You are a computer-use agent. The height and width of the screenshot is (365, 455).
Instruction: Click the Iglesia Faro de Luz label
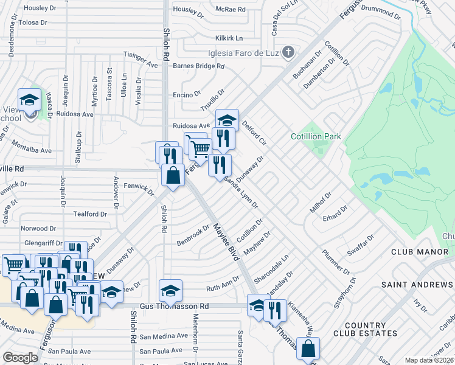(243, 52)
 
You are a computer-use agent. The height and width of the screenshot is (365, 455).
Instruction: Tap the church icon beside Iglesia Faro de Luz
(288, 52)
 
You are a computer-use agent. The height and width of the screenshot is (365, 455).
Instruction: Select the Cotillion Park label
(316, 137)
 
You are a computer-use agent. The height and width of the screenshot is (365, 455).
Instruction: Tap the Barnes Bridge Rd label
(199, 66)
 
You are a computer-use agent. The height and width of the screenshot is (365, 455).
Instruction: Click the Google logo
(20, 358)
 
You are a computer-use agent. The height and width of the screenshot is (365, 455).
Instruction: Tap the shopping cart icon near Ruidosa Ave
(200, 147)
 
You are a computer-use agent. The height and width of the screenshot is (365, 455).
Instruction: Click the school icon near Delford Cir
(227, 119)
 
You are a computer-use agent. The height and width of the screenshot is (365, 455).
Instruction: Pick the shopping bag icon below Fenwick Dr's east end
(173, 175)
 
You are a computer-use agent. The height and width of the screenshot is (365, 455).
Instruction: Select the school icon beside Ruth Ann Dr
(171, 290)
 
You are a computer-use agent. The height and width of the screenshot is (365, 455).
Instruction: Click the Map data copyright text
(428, 360)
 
